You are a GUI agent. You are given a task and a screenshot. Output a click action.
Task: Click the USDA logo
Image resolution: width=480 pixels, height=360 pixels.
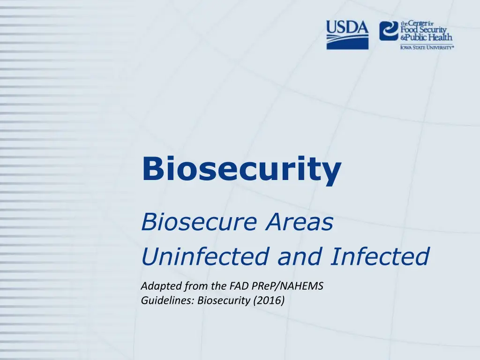(347, 35)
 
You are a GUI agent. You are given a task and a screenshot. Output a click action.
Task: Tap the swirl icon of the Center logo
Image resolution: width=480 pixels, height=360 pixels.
(389, 31)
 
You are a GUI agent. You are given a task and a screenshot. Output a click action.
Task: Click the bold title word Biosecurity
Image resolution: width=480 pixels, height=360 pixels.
(241, 169)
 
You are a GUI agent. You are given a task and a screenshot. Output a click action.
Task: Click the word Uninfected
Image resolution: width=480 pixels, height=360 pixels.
(205, 256)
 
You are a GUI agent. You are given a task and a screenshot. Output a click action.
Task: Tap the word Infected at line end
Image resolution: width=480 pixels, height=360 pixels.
(380, 256)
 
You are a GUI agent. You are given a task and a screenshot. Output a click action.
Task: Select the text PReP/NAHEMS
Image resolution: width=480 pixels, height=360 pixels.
(287, 286)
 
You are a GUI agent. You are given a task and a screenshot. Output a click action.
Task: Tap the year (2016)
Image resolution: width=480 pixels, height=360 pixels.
(269, 300)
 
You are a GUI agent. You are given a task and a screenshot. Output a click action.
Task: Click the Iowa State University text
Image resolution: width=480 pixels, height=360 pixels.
(427, 47)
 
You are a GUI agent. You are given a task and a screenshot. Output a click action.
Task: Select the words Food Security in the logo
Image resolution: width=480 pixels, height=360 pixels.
(423, 30)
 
